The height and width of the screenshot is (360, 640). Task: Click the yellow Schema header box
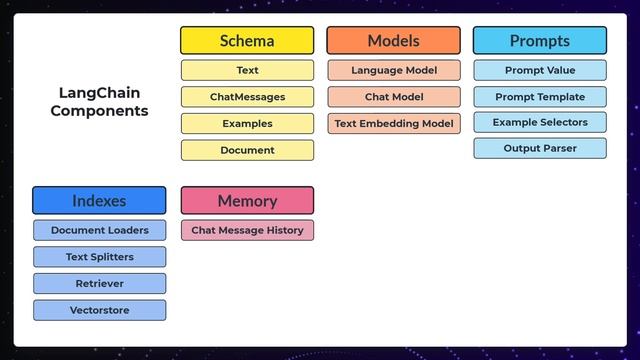pos(247,41)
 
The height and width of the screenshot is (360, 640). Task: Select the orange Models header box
pos(393,41)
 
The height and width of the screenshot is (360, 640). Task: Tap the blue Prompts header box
pos(539,41)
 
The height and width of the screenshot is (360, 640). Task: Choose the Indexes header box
pos(99,200)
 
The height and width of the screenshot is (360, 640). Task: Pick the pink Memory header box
pos(247,200)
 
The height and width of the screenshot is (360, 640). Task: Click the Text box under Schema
pos(247,71)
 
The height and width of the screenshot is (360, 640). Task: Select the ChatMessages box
pos(247,97)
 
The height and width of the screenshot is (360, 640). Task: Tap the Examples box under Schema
pos(247,124)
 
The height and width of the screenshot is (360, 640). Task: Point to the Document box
pos(247,150)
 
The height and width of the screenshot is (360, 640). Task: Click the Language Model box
pos(393,71)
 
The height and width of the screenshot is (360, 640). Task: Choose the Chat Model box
pos(393,97)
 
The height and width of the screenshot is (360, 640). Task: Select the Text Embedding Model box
pos(393,124)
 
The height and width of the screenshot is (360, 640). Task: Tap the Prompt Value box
pos(539,71)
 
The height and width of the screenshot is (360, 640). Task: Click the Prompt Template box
pos(539,97)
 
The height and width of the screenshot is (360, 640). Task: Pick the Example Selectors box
pos(539,122)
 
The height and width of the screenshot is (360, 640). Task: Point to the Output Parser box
pos(539,148)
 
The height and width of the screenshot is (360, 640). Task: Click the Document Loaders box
pos(99,230)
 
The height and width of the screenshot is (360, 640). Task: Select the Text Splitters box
pos(99,257)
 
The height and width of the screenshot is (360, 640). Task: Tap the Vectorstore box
pos(99,310)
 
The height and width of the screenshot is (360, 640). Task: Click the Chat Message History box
pos(247,230)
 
